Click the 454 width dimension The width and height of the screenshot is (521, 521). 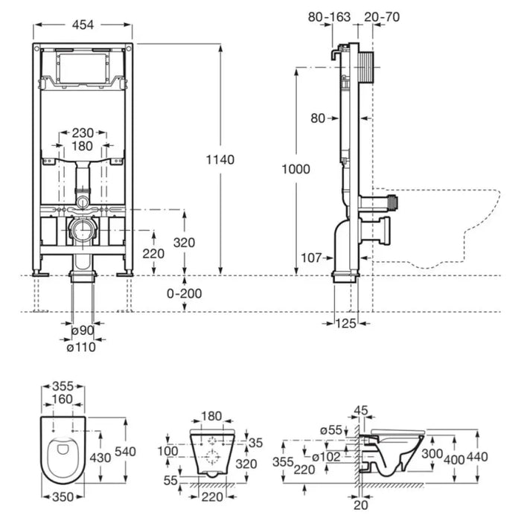[x=83, y=25]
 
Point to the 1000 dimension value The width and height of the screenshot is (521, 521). [x=297, y=169]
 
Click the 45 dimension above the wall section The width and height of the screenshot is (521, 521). [x=362, y=409]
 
